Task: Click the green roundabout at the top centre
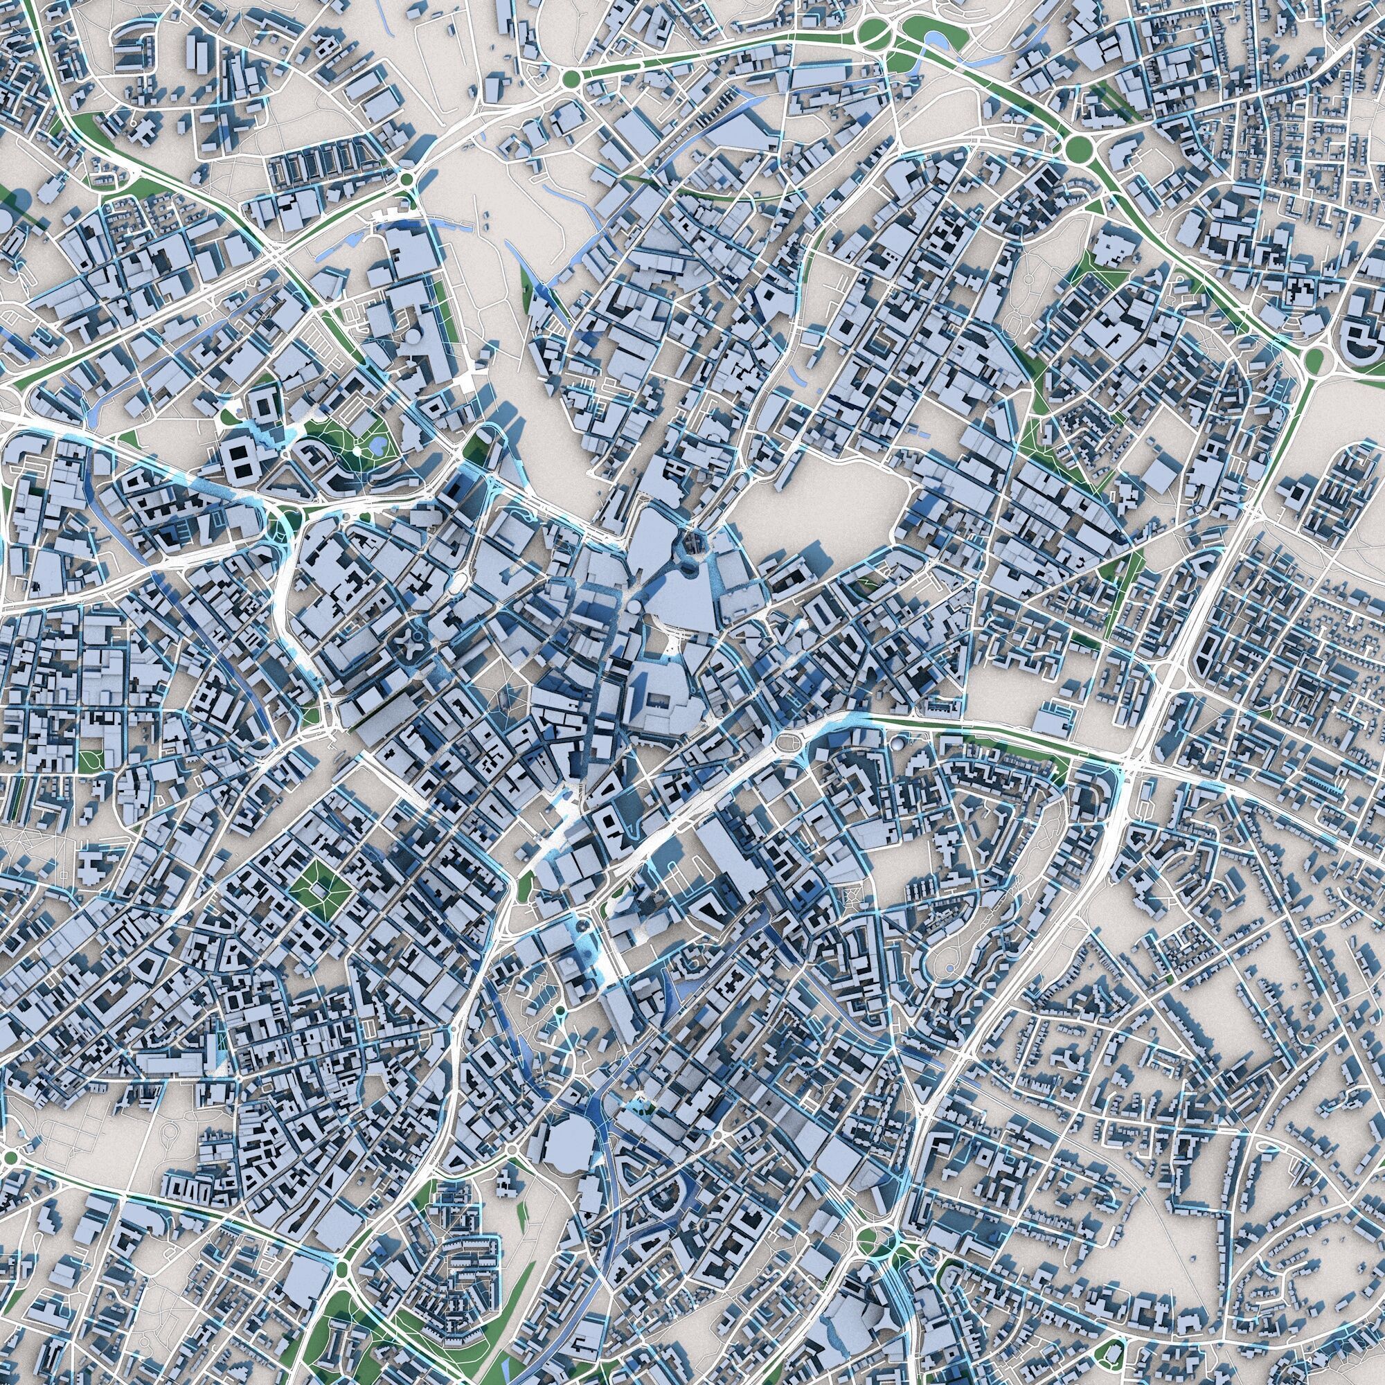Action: click(x=571, y=78)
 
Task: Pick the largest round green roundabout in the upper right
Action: click(x=1077, y=149)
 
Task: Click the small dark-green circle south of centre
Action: click(x=558, y=1011)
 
